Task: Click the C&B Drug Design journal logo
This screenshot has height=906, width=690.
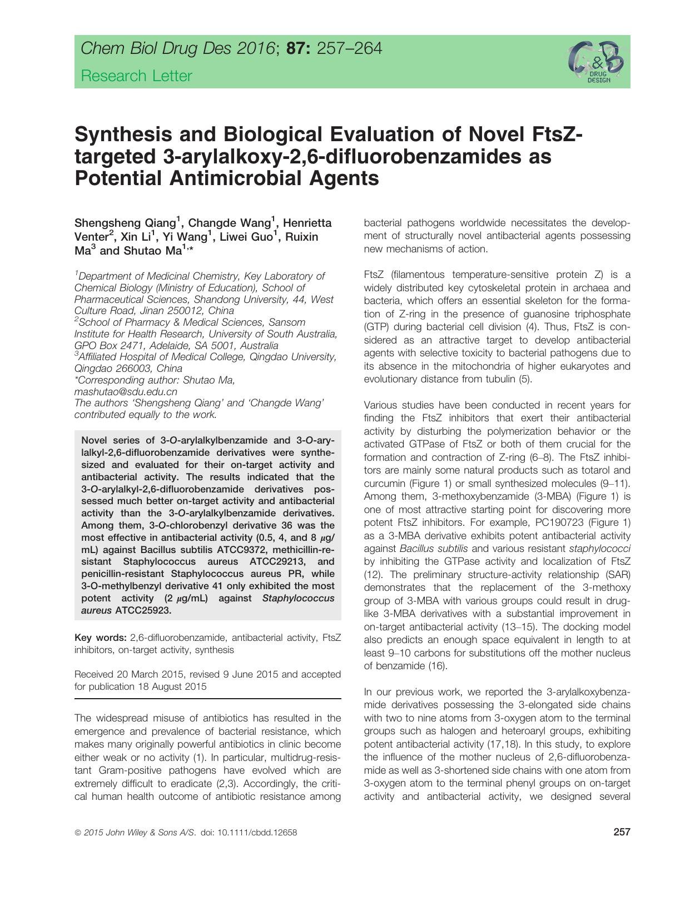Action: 595,62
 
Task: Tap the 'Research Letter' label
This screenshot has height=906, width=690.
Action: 136,76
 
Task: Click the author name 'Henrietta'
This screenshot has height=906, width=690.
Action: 307,223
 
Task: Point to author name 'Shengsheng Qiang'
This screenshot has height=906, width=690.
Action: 125,223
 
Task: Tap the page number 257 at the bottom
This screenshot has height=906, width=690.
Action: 622,832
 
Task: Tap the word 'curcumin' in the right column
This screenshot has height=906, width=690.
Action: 383,484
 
